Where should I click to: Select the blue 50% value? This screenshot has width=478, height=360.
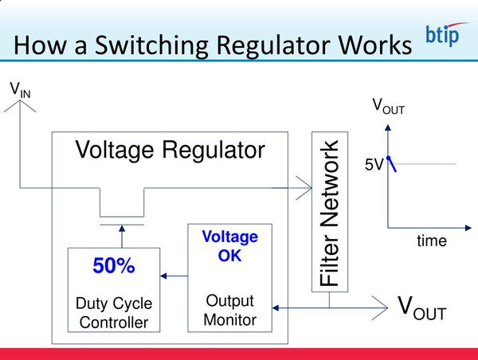[x=113, y=267]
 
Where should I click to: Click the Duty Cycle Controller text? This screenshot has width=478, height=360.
[x=113, y=313]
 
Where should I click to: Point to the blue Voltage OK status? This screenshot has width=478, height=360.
[x=229, y=247]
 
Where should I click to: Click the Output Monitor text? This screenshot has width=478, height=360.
[x=229, y=311]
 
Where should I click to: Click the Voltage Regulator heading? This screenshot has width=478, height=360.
[x=170, y=151]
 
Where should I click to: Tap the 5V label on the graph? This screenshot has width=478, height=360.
[x=374, y=166]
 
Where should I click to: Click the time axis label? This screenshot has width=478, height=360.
[x=432, y=241]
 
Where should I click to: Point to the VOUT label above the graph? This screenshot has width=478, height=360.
[x=388, y=106]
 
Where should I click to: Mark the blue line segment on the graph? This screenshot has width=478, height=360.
[x=392, y=163]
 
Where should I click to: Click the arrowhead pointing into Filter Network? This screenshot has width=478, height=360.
[x=305, y=189]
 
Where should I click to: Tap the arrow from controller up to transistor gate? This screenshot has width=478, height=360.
[x=122, y=237]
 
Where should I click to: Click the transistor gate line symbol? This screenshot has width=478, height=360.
[x=122, y=224]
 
